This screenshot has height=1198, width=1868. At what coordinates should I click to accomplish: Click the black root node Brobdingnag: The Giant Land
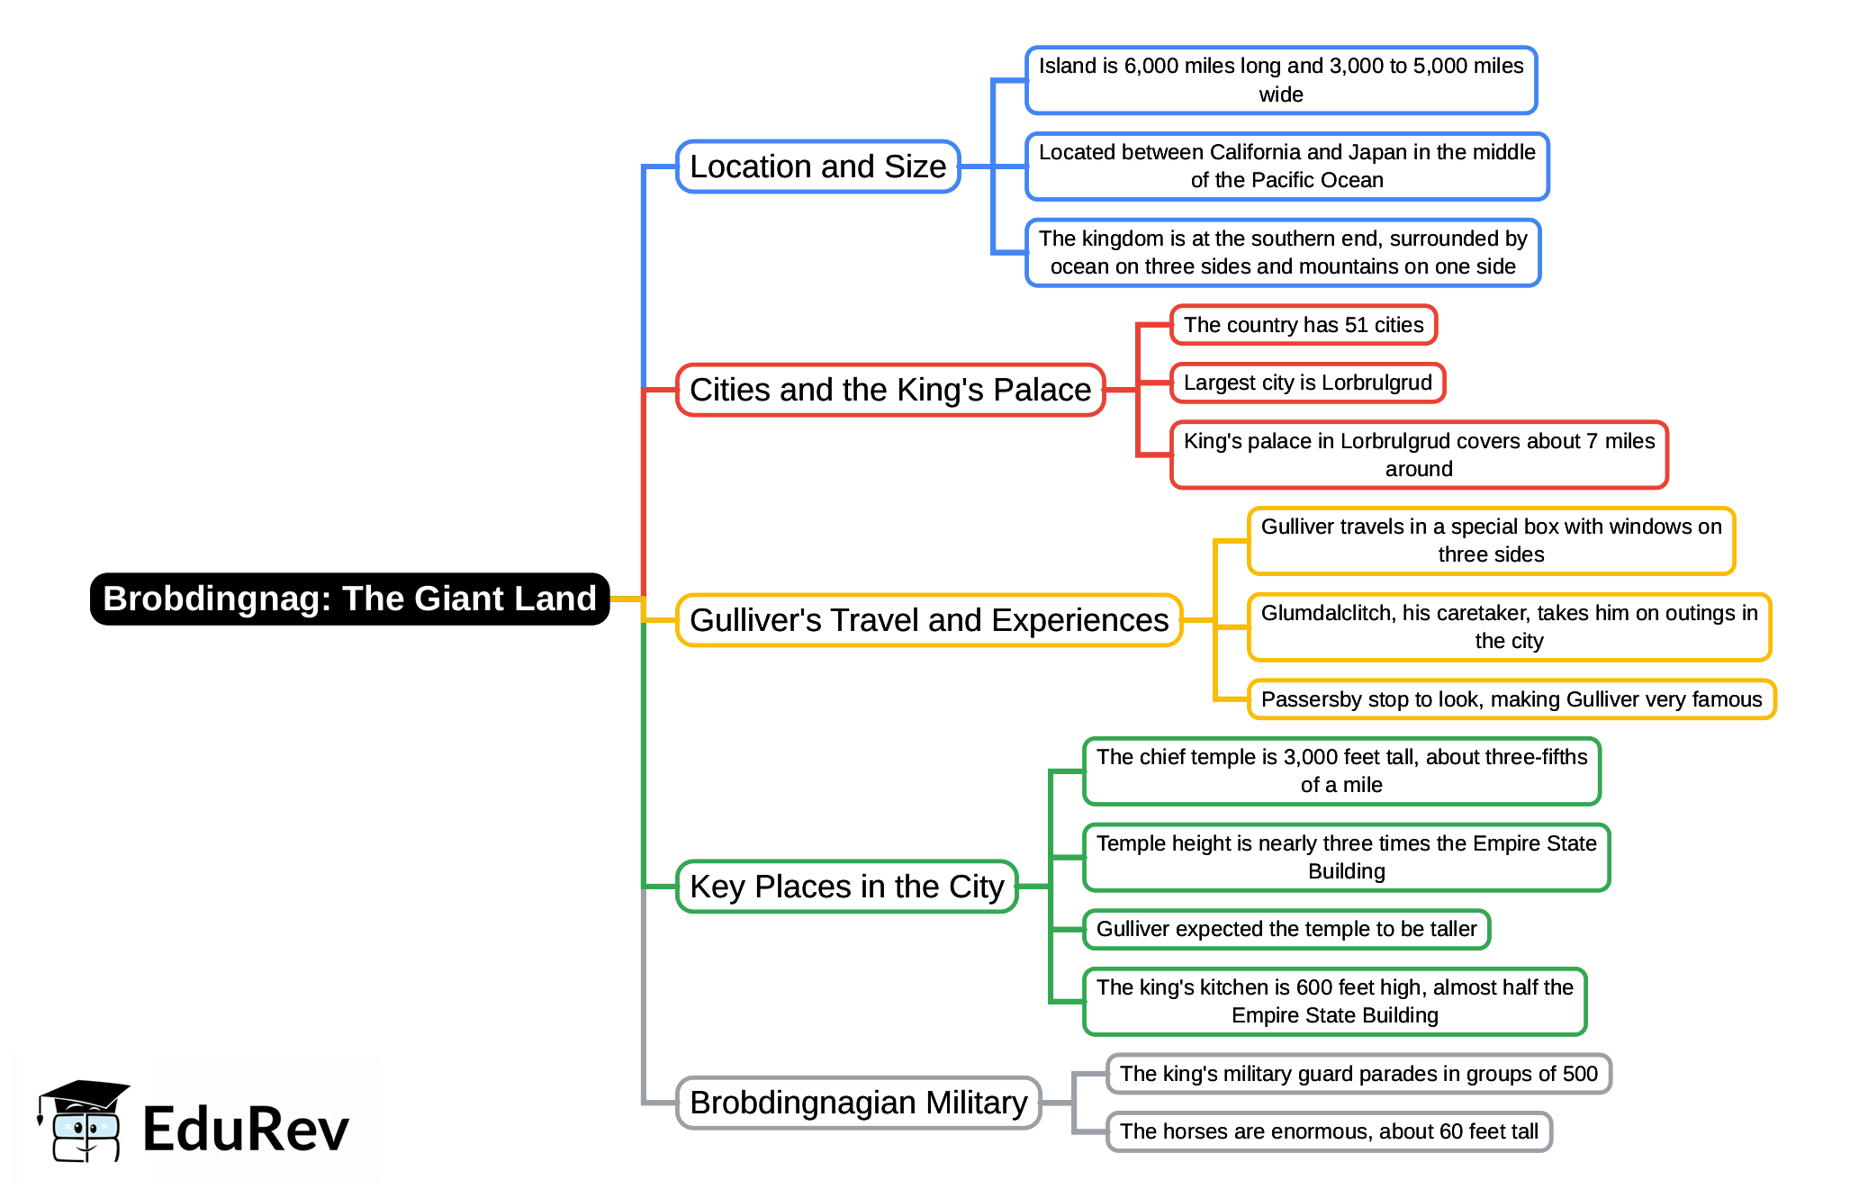349,599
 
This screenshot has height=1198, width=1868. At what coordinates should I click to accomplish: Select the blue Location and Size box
817,167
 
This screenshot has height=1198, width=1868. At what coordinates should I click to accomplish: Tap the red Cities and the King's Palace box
889,390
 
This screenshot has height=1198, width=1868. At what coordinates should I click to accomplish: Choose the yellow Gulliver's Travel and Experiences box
928,620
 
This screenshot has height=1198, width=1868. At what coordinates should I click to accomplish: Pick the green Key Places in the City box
846,887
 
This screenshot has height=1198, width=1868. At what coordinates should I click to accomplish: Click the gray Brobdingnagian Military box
858,1103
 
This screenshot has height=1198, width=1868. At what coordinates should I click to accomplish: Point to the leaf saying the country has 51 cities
1303,325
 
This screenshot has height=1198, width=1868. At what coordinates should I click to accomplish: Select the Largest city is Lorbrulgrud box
1307,383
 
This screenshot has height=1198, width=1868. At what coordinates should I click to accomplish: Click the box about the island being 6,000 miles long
1280,80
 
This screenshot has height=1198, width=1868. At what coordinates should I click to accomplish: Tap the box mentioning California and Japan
1286,167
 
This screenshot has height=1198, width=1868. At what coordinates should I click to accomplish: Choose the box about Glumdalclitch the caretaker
1509,626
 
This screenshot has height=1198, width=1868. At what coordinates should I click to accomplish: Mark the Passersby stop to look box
1511,699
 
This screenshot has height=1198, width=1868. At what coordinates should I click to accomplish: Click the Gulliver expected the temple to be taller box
1286,929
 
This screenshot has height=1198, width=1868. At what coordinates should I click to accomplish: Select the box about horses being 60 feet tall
1328,1131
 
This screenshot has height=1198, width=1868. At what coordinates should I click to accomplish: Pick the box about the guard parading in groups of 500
1358,1074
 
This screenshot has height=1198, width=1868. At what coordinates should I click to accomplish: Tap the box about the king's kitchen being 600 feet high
1334,1001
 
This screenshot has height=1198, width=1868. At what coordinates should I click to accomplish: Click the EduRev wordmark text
245,1130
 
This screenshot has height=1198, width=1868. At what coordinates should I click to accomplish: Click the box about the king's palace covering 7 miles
1418,455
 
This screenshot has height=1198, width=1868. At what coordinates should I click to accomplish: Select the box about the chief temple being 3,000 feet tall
1341,770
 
